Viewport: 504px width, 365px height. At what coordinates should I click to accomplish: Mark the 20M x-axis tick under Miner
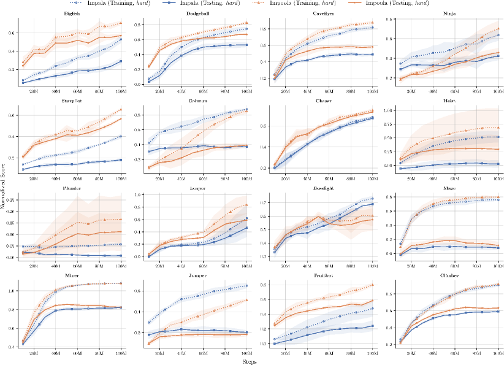[x=34, y=354]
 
